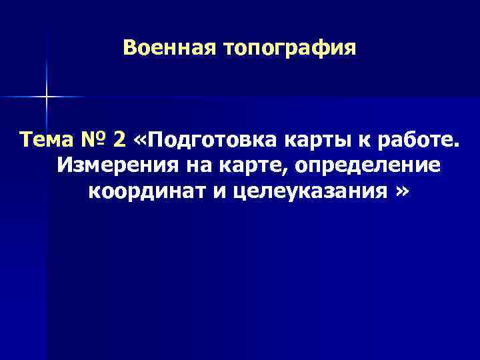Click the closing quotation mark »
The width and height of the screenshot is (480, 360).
click(x=401, y=192)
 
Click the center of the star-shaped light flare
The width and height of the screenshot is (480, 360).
click(x=47, y=97)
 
